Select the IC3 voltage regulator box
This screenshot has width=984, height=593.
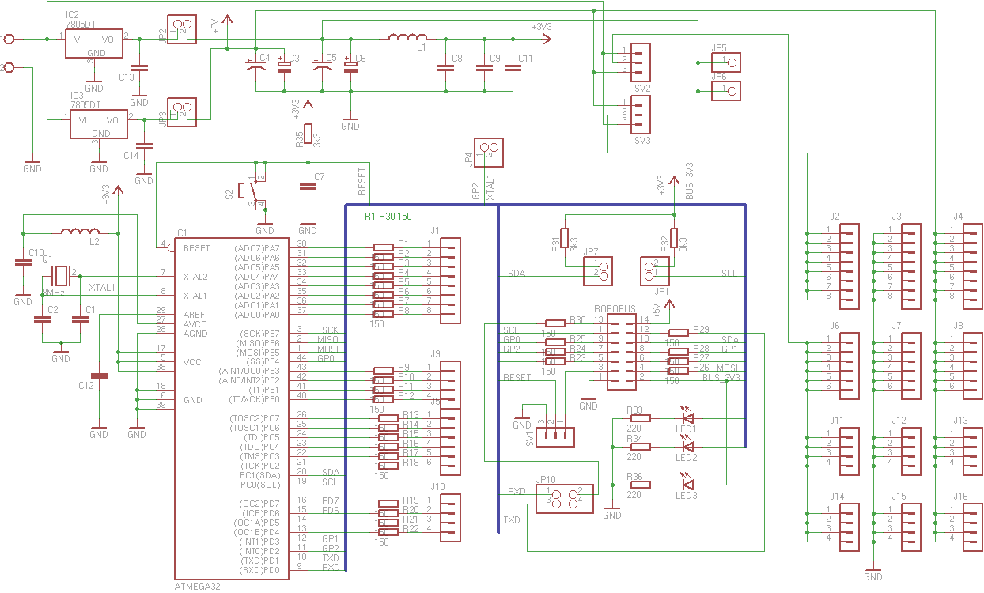click(x=100, y=124)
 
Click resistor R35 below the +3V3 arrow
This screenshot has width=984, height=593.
click(x=308, y=134)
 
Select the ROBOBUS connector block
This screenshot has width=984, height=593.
click(x=622, y=351)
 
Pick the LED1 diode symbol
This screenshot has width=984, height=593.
click(x=687, y=418)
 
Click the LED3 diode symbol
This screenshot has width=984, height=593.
click(x=687, y=484)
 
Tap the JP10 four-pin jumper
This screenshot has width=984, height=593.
click(x=565, y=499)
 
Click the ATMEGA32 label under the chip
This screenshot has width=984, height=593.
click(x=196, y=587)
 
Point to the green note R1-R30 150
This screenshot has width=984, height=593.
click(x=388, y=216)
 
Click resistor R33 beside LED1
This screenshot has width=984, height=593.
click(x=639, y=419)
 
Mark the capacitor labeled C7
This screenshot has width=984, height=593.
click(x=308, y=187)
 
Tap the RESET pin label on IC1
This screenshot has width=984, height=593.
click(x=197, y=248)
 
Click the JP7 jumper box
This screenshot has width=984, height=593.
click(x=600, y=270)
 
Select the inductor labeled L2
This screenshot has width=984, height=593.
click(x=80, y=232)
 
